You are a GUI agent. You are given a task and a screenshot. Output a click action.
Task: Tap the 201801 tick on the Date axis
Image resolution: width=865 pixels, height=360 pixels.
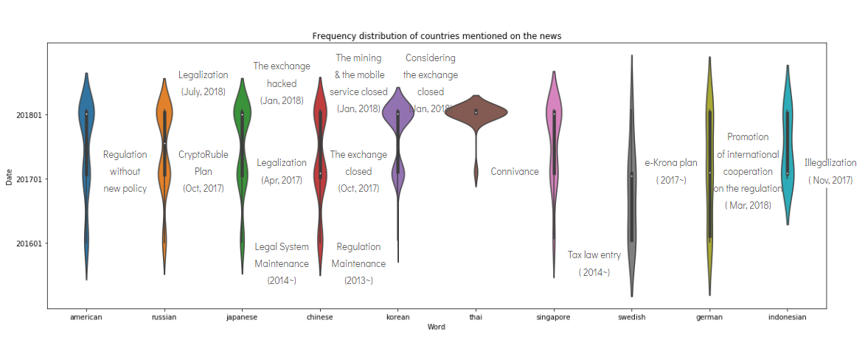tap(29, 115)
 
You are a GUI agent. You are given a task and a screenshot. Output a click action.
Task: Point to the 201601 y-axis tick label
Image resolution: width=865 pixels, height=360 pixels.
tap(29, 243)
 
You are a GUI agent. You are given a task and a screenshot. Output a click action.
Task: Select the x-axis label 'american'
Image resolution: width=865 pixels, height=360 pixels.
tap(86, 317)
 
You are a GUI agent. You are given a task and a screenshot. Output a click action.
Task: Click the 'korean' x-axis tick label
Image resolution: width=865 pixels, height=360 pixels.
tap(397, 317)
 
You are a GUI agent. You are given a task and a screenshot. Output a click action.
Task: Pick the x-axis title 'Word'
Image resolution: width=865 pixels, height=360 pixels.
tap(436, 327)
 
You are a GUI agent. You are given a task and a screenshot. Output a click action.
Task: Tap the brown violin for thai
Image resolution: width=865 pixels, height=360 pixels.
tap(476, 112)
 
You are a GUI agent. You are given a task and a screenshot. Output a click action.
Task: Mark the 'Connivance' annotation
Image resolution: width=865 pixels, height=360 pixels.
tap(515, 172)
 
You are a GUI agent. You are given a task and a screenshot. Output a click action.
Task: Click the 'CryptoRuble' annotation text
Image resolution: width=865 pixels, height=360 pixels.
tap(204, 155)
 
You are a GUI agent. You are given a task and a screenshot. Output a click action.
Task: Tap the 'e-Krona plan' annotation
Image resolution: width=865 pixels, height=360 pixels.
tap(670, 163)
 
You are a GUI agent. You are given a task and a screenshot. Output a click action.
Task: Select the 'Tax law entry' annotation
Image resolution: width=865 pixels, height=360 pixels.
tap(594, 255)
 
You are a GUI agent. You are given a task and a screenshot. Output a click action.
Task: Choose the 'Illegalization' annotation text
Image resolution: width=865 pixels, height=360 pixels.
tap(830, 163)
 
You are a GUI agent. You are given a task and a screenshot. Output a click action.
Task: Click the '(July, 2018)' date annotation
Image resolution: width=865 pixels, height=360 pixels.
tap(203, 92)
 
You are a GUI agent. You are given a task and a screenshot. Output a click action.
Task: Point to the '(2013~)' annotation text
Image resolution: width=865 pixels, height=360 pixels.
tap(358, 280)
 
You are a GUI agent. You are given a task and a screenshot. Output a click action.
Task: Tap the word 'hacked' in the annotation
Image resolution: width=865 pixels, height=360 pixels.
tap(282, 83)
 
